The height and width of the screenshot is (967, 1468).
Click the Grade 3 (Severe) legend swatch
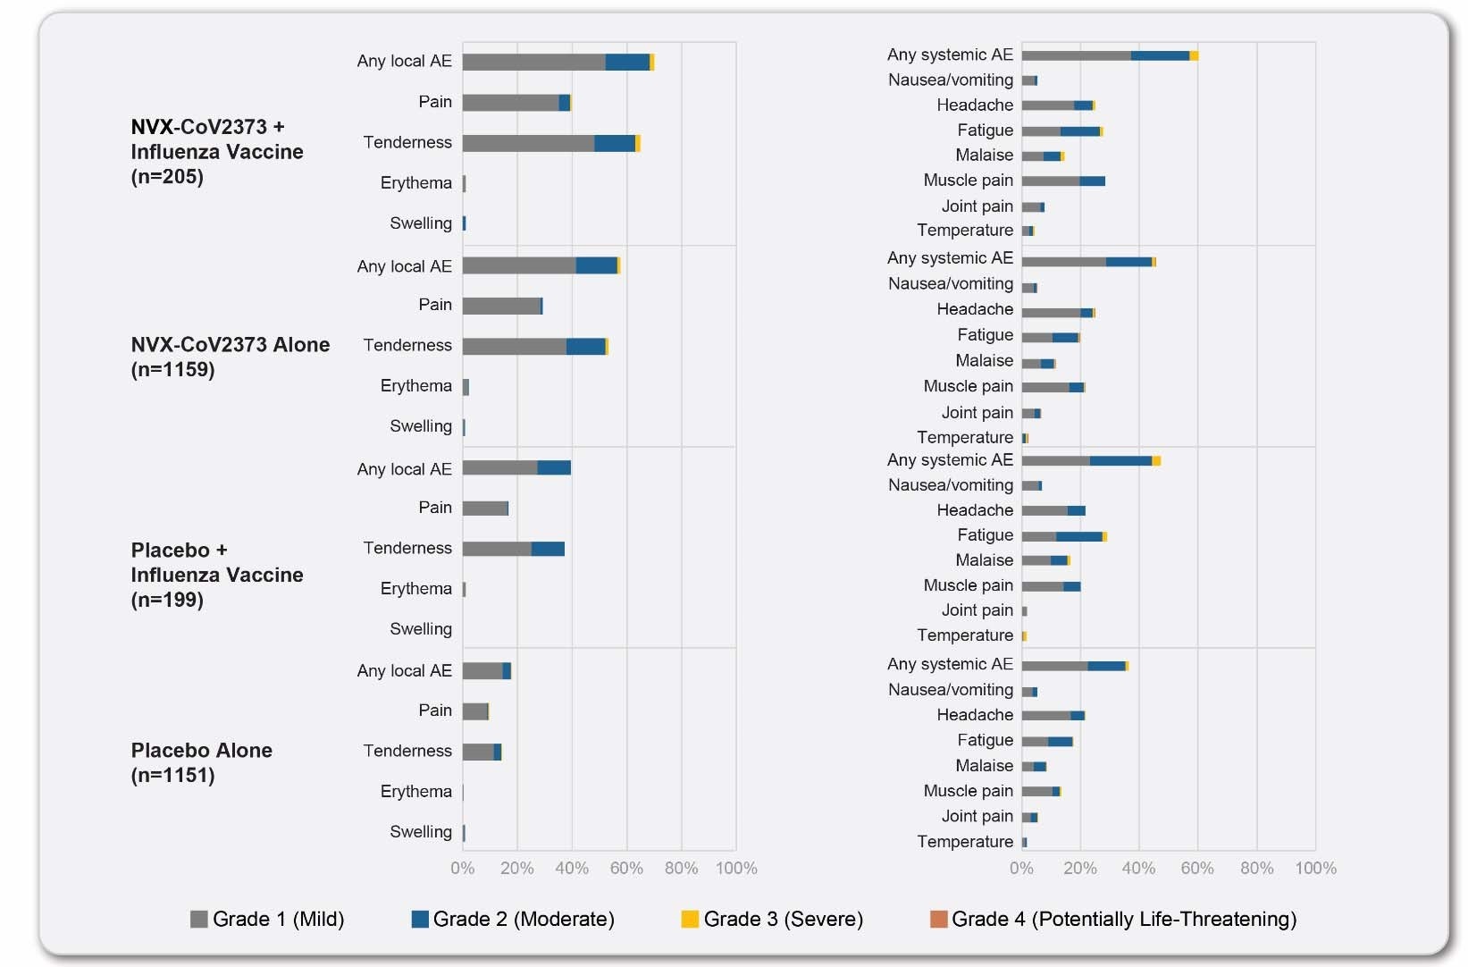click(x=689, y=919)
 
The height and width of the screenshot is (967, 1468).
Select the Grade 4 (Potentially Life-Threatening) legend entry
click(x=1113, y=919)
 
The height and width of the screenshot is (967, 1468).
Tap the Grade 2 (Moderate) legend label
click(x=524, y=919)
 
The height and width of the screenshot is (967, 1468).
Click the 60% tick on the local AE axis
click(x=626, y=868)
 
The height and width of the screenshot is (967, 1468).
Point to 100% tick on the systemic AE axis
click(x=1315, y=868)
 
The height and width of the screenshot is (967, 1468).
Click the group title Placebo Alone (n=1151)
click(x=201, y=762)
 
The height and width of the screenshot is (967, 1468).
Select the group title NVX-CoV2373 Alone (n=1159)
click(x=230, y=357)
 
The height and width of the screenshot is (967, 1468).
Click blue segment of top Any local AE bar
click(x=627, y=62)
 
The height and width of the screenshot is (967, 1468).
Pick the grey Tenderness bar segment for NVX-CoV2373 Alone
click(x=515, y=346)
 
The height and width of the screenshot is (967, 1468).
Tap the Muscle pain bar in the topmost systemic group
click(x=1062, y=181)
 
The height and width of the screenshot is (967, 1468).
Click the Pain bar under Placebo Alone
click(x=475, y=711)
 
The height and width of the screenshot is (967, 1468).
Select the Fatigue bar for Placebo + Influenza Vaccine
click(x=1063, y=536)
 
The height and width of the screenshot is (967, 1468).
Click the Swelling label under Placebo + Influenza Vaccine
click(x=420, y=629)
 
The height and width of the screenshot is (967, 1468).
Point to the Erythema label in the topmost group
click(x=415, y=182)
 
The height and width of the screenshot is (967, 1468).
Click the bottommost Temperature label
click(x=965, y=842)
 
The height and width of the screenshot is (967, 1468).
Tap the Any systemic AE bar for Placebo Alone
click(x=1073, y=666)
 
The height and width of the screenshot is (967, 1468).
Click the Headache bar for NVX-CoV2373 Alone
click(x=1057, y=313)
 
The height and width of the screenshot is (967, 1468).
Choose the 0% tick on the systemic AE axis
click(x=1021, y=868)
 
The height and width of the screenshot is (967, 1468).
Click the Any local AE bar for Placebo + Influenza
click(x=516, y=467)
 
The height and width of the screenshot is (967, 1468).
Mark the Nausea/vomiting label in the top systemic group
click(x=950, y=80)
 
